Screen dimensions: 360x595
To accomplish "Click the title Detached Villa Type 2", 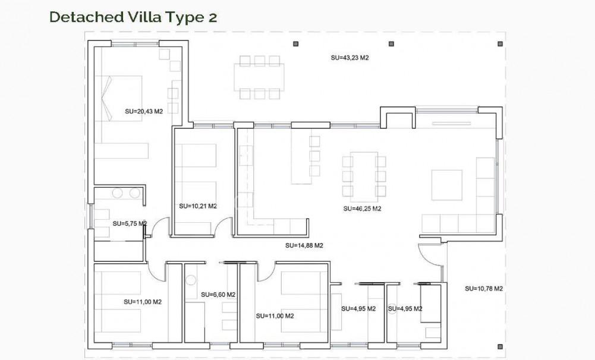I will (133, 17).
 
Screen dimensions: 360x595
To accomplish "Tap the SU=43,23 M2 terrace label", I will (350, 58).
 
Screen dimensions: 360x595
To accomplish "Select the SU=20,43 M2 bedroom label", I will (144, 110).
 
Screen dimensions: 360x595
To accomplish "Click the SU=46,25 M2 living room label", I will (362, 209).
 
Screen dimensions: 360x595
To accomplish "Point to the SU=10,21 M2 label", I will (197, 206).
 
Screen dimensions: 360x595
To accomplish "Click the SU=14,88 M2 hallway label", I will (304, 245).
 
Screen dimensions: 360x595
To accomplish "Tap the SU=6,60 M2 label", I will (218, 294).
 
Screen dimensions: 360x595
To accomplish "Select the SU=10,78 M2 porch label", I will (484, 289).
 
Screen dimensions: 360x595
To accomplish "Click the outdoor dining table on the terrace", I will (259, 77).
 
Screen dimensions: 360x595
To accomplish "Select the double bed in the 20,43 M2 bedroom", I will (122, 98).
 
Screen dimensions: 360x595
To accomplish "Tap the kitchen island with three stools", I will (300, 156).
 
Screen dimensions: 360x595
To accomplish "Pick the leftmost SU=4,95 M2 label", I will (358, 308).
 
